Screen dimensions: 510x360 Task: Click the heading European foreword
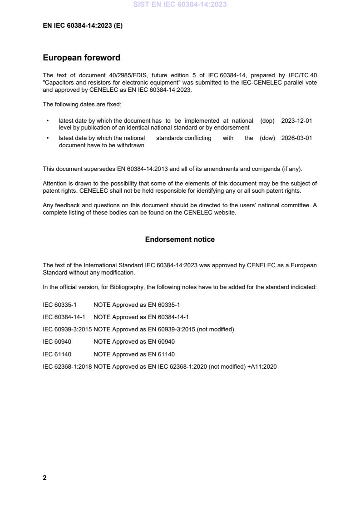coord(82,58)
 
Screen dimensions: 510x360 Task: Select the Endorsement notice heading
coord(180,239)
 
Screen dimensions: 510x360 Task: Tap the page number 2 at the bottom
coord(44,478)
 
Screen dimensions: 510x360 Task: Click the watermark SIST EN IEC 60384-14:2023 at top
coord(180,5)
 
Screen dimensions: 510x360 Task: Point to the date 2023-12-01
coord(296,121)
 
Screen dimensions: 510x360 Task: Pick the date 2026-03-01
coord(296,138)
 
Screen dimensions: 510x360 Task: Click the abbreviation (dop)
coord(267,121)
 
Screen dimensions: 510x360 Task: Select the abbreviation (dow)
coord(267,138)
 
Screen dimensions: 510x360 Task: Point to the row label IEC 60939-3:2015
coord(67,330)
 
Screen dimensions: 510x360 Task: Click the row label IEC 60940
coord(57,342)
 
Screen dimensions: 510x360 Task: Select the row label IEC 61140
coord(57,354)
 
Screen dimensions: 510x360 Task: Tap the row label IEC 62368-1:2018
coord(67,366)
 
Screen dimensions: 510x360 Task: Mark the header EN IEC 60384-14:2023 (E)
coord(83,26)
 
